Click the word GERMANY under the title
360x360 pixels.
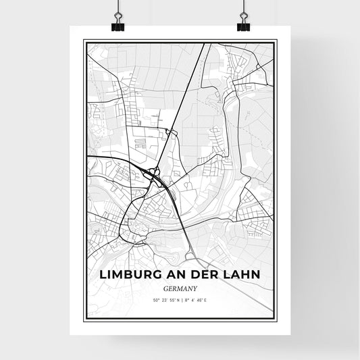pos(180,287)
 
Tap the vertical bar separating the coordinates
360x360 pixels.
pos(179,299)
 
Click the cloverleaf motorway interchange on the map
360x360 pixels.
pos(155,177)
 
